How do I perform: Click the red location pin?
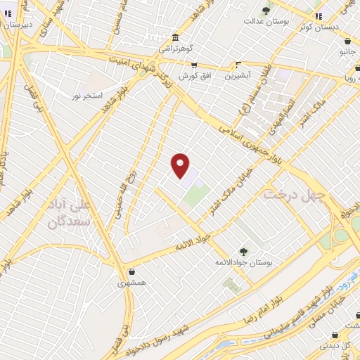(181, 165)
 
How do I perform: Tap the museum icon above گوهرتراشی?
(174, 37)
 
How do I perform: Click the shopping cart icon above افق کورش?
(194, 65)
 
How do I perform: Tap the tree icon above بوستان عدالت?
(266, 10)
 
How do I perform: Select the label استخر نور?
(89, 94)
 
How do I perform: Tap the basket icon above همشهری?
(131, 272)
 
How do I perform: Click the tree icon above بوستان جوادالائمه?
(243, 251)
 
